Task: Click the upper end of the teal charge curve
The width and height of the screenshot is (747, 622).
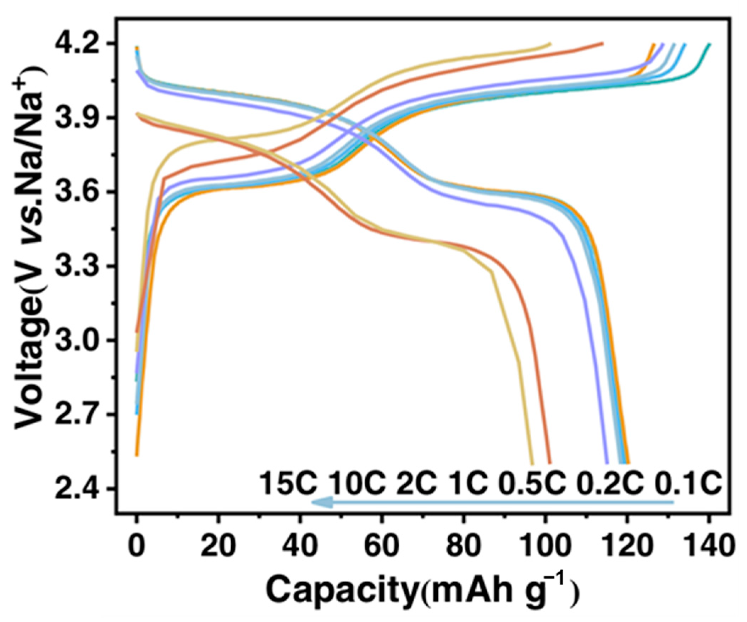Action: coord(709,44)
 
